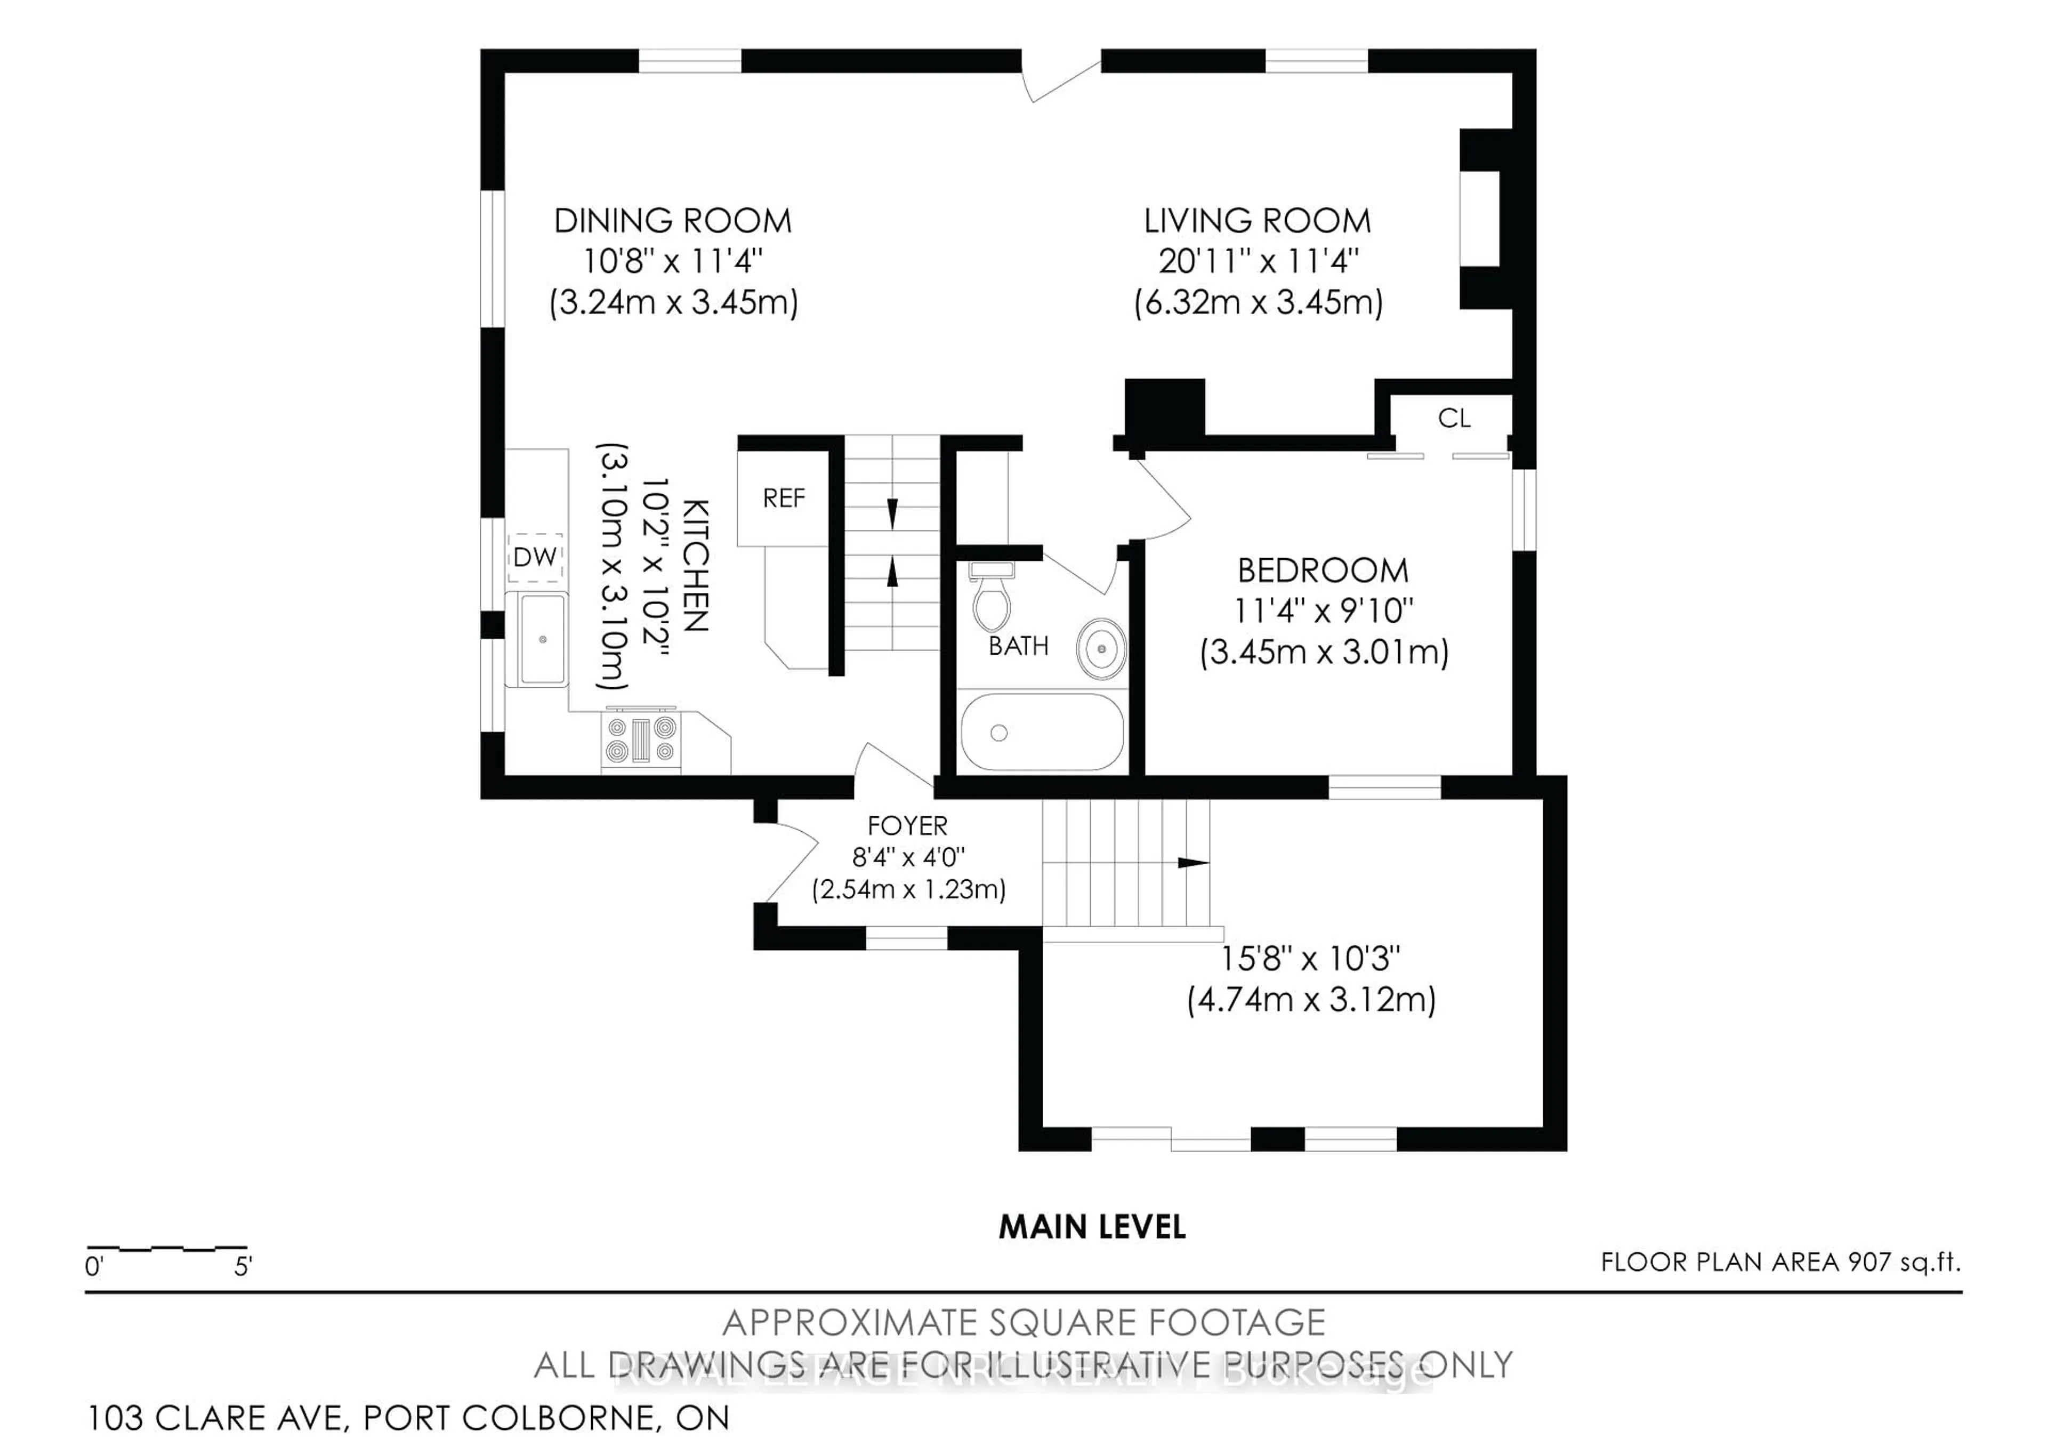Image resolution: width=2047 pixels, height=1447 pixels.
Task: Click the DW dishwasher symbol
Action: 535,557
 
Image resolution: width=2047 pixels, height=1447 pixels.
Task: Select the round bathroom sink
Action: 1101,648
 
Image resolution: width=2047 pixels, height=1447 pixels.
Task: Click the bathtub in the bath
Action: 1041,732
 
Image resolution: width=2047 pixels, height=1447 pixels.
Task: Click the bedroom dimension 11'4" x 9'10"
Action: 1323,612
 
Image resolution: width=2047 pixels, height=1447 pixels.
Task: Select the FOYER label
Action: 908,825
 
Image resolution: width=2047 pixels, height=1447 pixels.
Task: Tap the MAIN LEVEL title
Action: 1091,1228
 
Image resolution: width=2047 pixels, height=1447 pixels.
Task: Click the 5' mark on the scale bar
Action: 243,1266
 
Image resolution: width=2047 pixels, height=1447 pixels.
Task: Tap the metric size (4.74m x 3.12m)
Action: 1311,1000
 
